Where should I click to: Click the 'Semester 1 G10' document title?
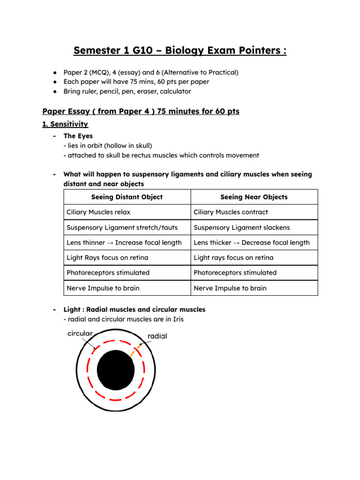[180, 50]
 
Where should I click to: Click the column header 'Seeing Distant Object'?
[127, 197]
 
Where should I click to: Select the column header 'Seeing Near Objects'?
[254, 197]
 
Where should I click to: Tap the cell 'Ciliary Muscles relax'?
[98, 212]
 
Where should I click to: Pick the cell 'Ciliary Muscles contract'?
[231, 212]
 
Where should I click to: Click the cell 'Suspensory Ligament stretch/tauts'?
[122, 227]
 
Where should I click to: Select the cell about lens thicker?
[251, 242]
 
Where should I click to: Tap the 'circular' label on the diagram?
[80, 333]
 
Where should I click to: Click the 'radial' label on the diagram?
[157, 336]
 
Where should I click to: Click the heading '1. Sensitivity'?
[65, 124]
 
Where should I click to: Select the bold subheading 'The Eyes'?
[78, 136]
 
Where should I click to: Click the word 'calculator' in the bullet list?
[174, 91]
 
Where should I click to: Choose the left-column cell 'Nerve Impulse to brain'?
[103, 288]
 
